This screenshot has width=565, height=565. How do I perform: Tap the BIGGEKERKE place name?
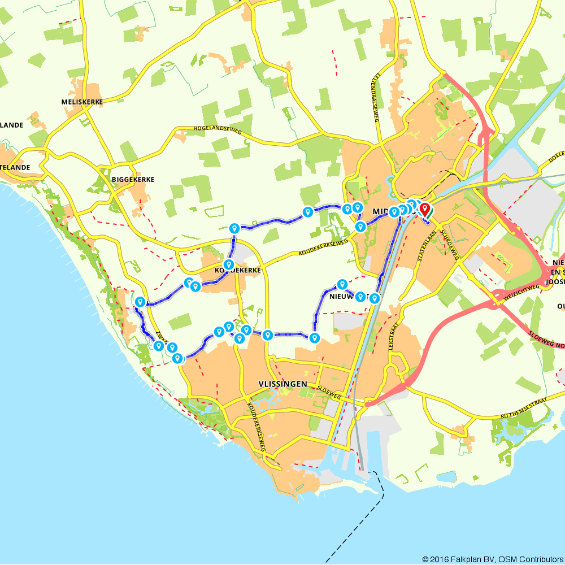pos(133,179)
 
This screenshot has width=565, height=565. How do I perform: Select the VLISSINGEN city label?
pos(282,384)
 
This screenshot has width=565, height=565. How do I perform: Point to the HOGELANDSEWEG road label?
pos(217,130)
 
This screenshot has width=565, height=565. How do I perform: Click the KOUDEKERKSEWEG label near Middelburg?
pos(319,248)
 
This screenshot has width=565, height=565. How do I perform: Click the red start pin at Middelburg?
pos(424,210)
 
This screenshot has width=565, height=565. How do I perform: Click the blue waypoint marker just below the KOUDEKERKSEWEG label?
pos(341,284)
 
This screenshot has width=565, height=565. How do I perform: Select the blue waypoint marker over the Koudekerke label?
pos(228,264)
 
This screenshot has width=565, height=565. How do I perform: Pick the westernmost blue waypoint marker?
pos(139,302)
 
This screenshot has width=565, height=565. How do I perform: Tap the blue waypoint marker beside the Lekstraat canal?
pos(374,298)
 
